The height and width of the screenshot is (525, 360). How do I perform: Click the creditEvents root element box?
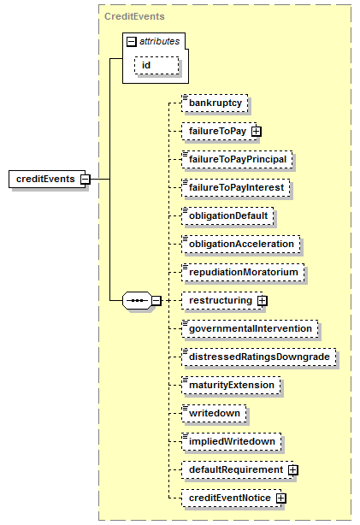click(x=47, y=179)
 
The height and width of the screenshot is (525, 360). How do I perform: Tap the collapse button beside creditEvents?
click(x=86, y=179)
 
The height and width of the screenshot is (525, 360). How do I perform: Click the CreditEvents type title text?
click(x=134, y=16)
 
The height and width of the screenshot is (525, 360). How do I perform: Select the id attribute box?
click(x=156, y=65)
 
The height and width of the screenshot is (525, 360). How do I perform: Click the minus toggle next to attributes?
click(x=132, y=42)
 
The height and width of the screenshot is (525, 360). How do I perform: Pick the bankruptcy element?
click(x=215, y=103)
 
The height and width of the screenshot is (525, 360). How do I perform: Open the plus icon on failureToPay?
click(x=257, y=132)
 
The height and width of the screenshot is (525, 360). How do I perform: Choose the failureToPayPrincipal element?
click(x=237, y=159)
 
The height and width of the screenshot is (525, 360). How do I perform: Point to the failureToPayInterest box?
click(x=236, y=187)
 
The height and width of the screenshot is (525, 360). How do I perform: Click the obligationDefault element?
click(x=227, y=215)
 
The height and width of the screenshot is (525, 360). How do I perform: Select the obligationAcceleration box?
click(x=241, y=244)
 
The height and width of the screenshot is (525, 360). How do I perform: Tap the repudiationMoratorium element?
click(x=243, y=272)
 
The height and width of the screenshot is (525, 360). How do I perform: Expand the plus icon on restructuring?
click(x=263, y=301)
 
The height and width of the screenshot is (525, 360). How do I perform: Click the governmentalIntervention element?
click(x=250, y=328)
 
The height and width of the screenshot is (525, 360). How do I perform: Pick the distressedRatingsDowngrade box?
click(x=259, y=357)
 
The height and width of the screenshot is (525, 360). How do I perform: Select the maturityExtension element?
click(x=231, y=385)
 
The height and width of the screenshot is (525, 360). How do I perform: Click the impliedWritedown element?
click(x=232, y=441)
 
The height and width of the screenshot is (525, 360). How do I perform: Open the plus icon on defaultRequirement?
click(x=293, y=470)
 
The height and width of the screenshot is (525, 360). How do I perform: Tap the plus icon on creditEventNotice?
click(x=281, y=498)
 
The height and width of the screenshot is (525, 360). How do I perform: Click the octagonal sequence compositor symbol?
click(x=138, y=300)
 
